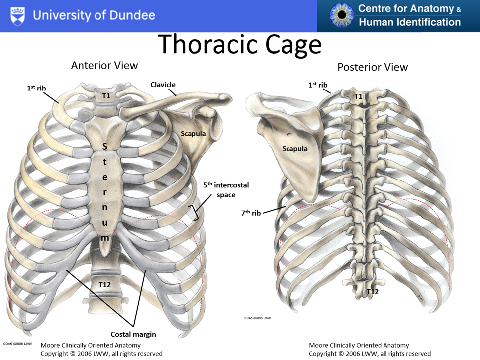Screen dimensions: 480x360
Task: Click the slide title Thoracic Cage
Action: click(x=240, y=45)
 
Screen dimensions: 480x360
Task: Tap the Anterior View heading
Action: click(x=104, y=65)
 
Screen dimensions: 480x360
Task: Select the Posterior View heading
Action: click(x=373, y=67)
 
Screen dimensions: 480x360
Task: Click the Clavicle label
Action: click(x=163, y=85)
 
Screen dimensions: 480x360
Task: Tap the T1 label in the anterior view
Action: click(x=106, y=96)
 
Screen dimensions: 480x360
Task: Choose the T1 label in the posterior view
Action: click(x=358, y=96)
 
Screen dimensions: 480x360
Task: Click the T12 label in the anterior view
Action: click(x=104, y=284)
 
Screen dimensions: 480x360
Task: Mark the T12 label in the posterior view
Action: click(x=373, y=292)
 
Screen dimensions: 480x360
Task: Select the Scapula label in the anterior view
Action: click(x=193, y=133)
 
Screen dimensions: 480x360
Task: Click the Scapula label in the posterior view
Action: click(x=295, y=148)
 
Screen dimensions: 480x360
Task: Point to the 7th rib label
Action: click(x=251, y=213)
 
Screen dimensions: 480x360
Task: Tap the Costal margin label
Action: click(x=133, y=334)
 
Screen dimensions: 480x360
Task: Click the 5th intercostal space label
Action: click(x=226, y=190)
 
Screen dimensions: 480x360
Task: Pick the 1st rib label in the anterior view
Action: click(x=36, y=88)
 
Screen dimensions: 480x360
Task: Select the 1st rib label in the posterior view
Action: click(x=318, y=85)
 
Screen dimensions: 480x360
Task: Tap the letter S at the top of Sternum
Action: click(x=104, y=146)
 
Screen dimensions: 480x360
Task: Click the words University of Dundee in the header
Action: click(x=94, y=15)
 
